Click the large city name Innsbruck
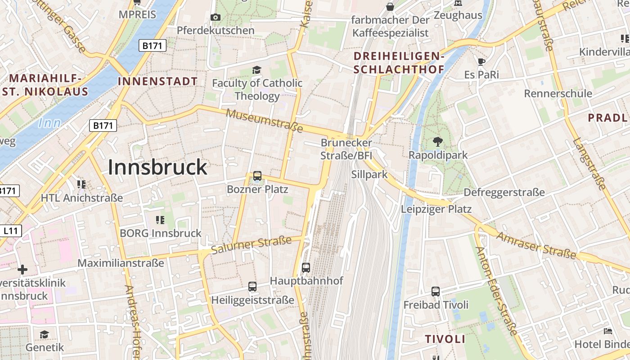[157, 167]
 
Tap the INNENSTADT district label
[157, 81]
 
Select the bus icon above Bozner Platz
[257, 176]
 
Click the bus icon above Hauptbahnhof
[306, 268]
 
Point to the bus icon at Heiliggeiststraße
[252, 287]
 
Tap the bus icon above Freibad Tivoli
[436, 292]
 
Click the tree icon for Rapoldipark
[437, 142]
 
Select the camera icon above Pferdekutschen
[216, 18]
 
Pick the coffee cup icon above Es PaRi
[481, 62]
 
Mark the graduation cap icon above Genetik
[44, 335]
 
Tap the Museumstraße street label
[264, 120]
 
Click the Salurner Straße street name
[251, 244]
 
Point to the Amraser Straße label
[536, 246]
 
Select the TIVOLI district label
[445, 339]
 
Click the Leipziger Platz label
[436, 209]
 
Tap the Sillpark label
[369, 175]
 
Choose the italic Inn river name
[49, 123]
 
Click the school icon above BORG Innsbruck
[160, 220]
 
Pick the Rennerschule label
[558, 94]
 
